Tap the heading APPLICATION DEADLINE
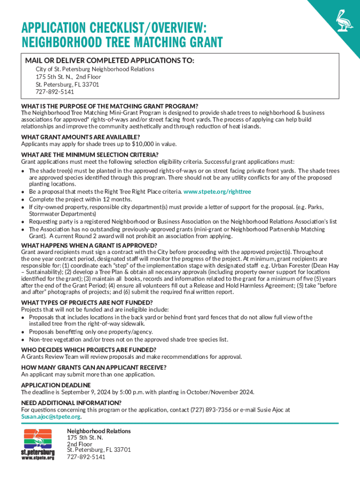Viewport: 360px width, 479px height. [56, 385]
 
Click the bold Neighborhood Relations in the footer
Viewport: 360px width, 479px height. [99, 431]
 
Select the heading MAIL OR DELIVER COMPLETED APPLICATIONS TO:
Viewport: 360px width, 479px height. [109, 61]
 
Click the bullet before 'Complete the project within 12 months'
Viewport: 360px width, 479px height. [23, 199]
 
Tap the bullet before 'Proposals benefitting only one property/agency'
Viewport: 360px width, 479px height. [23, 332]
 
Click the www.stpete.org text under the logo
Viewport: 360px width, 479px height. [38, 457]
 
